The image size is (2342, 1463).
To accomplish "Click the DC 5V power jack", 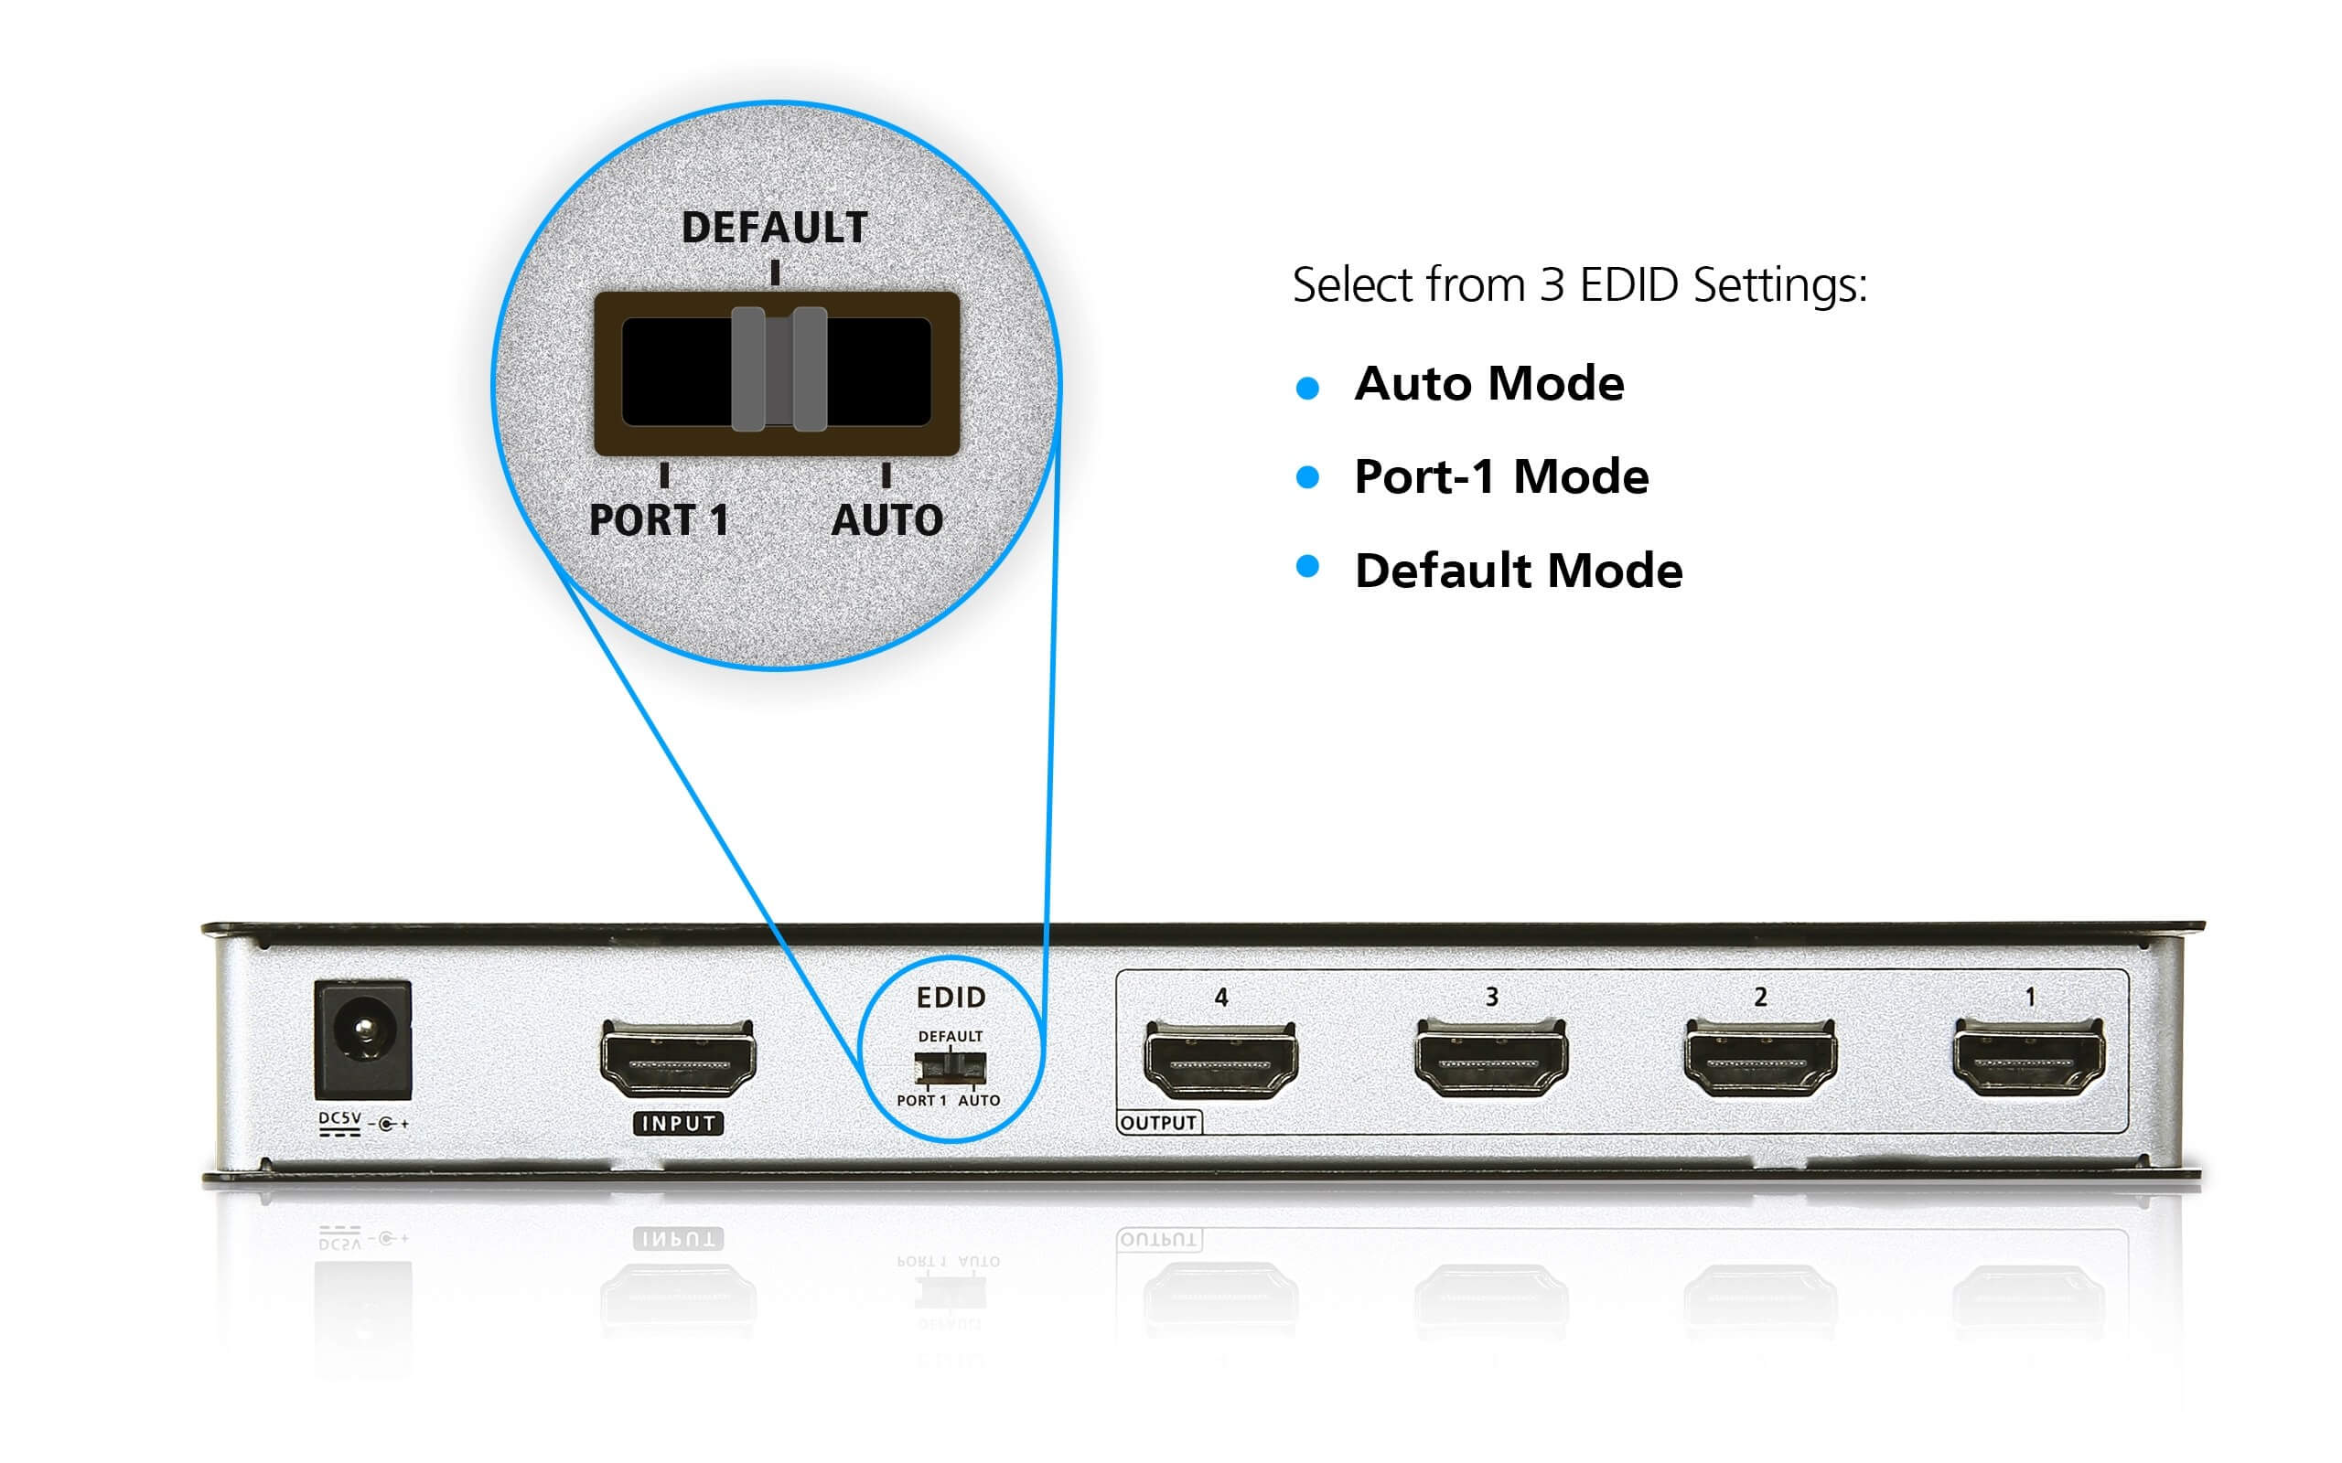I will click(x=363, y=1040).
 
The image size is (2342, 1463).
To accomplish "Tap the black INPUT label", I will click(x=679, y=1124).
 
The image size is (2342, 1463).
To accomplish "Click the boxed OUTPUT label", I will click(x=1158, y=1123).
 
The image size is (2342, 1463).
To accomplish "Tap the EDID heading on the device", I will click(x=951, y=998).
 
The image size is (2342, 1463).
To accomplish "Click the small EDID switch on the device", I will click(x=951, y=1068).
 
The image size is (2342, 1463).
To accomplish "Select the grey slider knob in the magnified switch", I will click(x=779, y=369).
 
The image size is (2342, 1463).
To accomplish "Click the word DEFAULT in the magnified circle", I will click(x=774, y=229).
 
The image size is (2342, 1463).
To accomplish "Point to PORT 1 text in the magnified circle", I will click(x=659, y=520).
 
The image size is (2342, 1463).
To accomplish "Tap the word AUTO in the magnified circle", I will click(x=886, y=520).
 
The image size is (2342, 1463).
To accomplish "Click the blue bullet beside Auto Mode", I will click(x=1307, y=388).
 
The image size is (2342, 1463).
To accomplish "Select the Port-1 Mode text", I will click(x=1501, y=477).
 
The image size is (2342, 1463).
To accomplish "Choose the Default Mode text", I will click(x=1519, y=571).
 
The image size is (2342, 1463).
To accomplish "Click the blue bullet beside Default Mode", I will click(x=1307, y=567).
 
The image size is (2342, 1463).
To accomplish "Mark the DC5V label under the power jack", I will click(x=339, y=1119).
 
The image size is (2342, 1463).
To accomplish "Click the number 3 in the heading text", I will click(x=1552, y=285).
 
